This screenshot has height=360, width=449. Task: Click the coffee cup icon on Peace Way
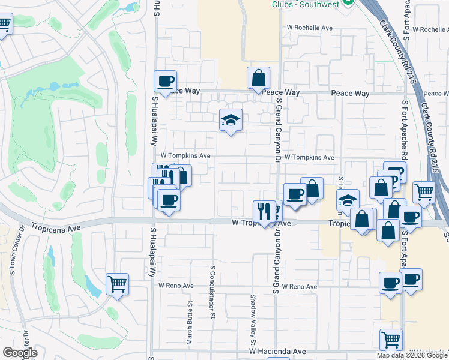[x=165, y=82]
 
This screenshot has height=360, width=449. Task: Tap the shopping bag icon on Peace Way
[x=258, y=78]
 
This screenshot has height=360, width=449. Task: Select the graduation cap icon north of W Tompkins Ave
[x=231, y=120]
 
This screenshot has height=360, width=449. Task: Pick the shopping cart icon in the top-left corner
[x=4, y=25]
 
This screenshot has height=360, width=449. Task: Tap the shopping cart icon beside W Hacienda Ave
[x=391, y=340]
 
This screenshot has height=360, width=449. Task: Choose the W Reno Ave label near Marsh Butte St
[x=176, y=286]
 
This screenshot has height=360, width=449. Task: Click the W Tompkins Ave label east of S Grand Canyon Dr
[x=309, y=157]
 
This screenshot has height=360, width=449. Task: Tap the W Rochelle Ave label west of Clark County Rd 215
[x=309, y=28]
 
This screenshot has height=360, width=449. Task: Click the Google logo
[x=20, y=353]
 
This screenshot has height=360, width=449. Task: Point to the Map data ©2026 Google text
[x=412, y=355]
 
